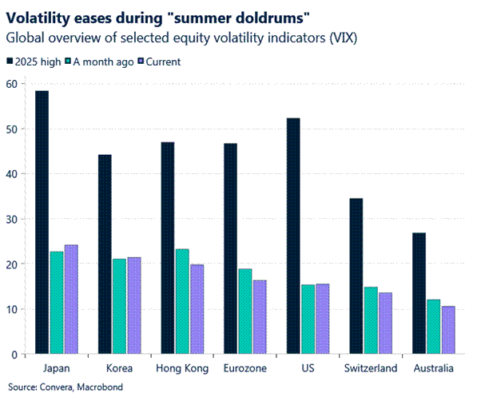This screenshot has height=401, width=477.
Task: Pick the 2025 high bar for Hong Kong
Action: (x=167, y=248)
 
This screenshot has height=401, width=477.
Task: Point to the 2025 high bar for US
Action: (x=292, y=236)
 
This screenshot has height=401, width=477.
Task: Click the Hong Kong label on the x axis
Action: (x=183, y=368)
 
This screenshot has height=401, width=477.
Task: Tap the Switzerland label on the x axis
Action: (x=371, y=368)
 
